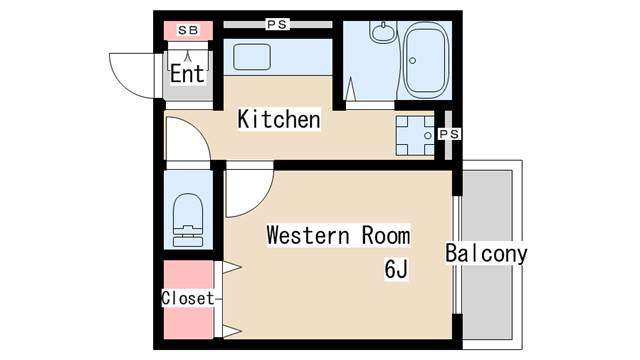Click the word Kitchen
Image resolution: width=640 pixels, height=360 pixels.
click(x=278, y=120)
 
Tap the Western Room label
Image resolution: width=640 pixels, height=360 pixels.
click(x=337, y=236)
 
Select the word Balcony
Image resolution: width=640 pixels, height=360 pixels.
click(x=486, y=253)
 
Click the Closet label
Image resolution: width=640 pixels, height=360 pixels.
click(x=187, y=298)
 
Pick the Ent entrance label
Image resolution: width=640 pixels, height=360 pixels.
click(x=187, y=74)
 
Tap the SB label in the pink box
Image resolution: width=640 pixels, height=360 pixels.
click(x=188, y=30)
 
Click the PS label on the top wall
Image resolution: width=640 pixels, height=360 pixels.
click(x=277, y=23)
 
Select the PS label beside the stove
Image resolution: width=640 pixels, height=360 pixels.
click(x=449, y=133)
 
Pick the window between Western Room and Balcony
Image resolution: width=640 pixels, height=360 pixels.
click(x=457, y=250)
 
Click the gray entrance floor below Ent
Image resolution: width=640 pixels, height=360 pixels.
click(x=188, y=92)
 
